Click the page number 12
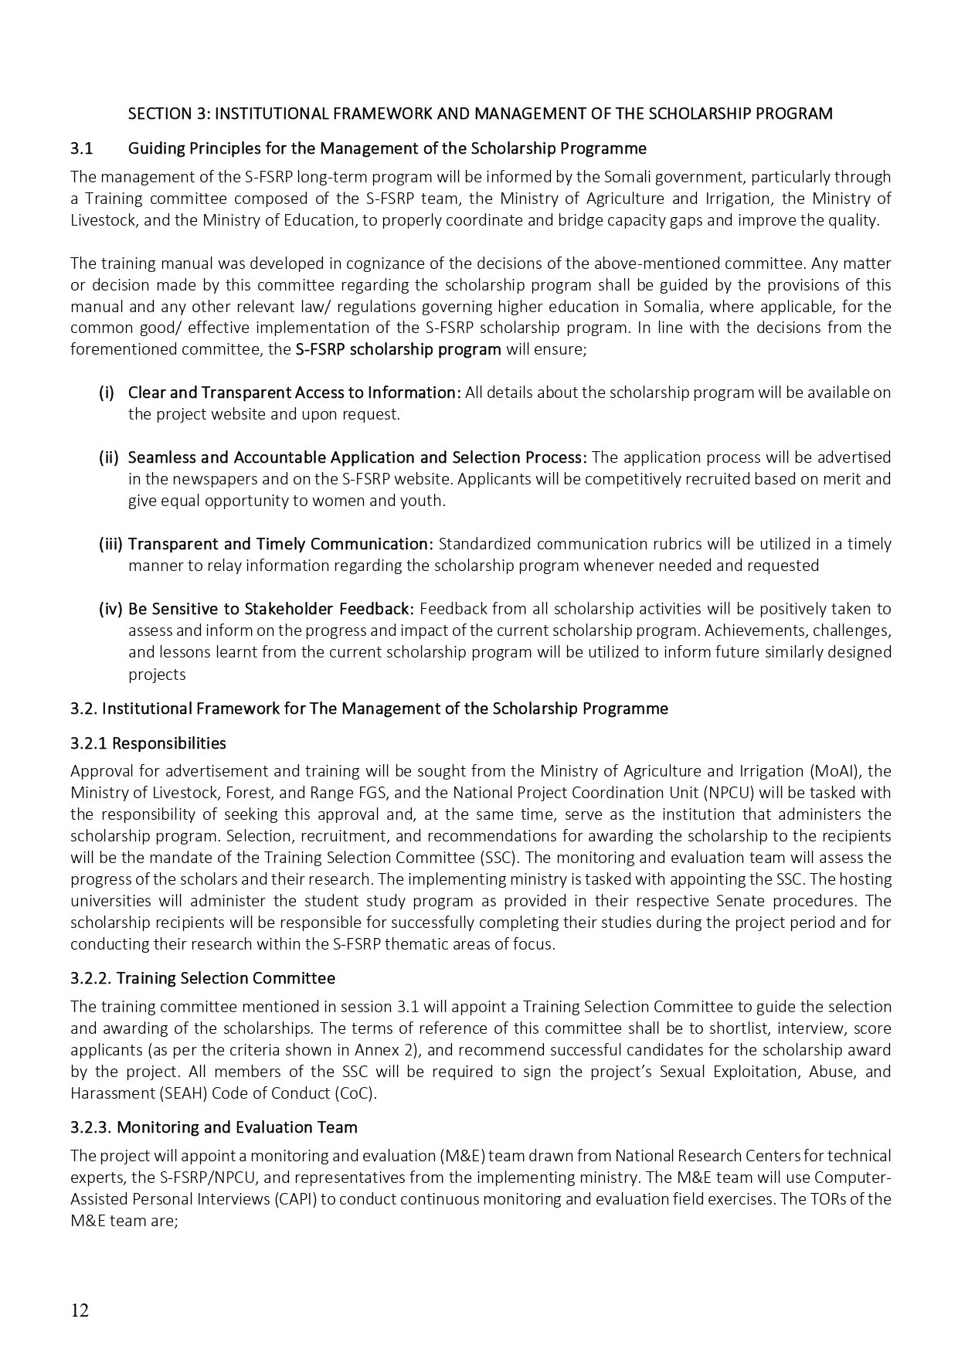[80, 1310]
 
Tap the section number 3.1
[81, 148]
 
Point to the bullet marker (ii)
[108, 457]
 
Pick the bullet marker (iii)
[110, 543]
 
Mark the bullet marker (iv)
[110, 608]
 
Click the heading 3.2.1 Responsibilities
[148, 743]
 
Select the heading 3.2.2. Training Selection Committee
[202, 978]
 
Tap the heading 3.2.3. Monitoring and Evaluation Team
[213, 1127]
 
